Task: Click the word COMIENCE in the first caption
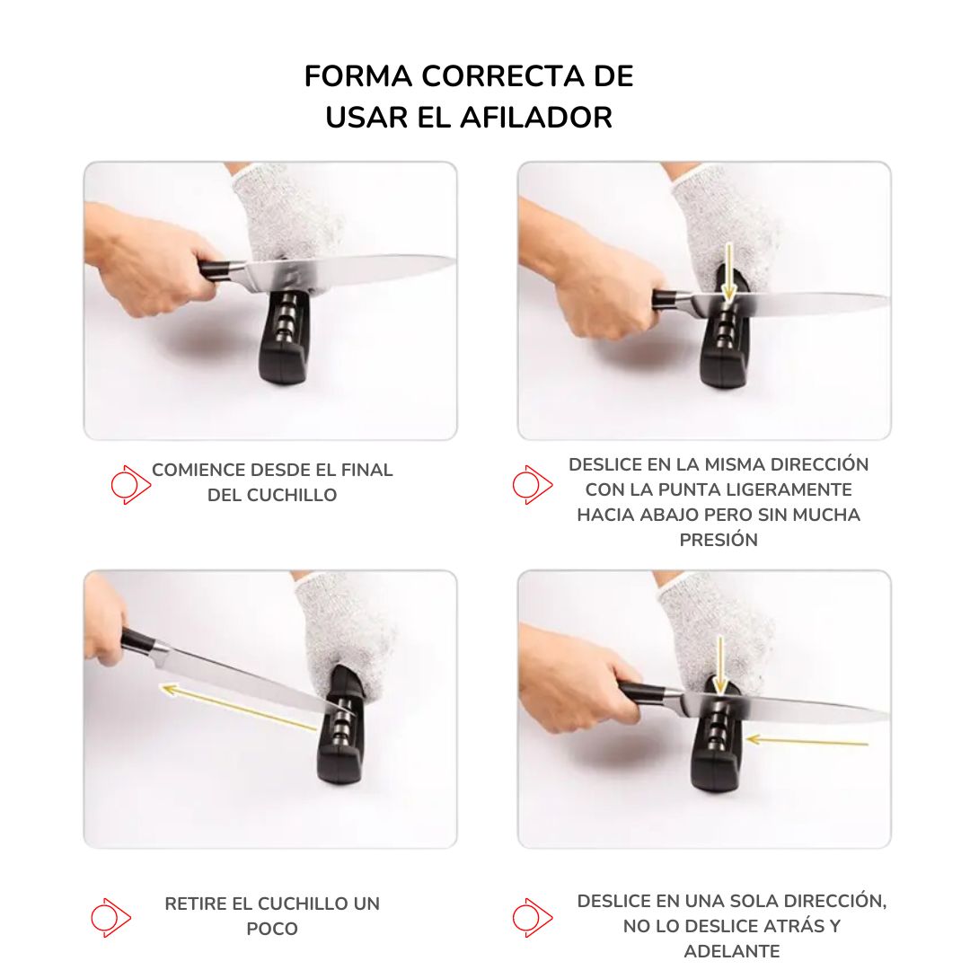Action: tap(198, 470)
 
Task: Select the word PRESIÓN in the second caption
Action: tap(719, 540)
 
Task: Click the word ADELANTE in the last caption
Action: tap(731, 951)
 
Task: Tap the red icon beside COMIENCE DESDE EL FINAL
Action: tap(130, 485)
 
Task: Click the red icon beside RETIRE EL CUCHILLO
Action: tap(110, 917)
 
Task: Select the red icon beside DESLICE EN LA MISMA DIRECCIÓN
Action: tap(532, 485)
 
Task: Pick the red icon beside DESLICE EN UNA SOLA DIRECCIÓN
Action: tap(532, 917)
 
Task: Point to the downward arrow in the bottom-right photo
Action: tap(720, 665)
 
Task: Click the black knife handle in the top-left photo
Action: tap(221, 269)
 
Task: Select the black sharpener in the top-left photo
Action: tap(286, 341)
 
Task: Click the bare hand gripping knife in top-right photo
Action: tap(602, 292)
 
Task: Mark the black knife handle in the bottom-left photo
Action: tap(139, 642)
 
